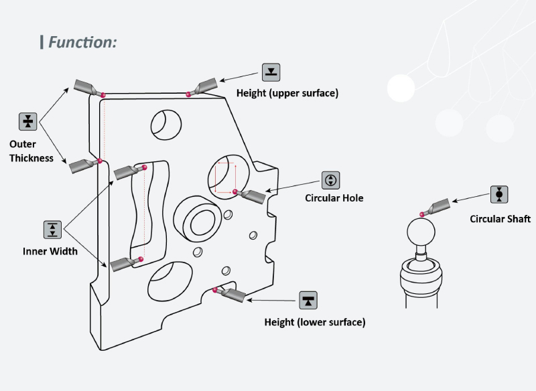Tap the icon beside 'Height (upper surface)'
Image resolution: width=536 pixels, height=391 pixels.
(271, 72)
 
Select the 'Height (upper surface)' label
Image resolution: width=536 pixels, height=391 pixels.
(287, 93)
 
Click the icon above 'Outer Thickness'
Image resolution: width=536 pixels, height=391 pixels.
(27, 121)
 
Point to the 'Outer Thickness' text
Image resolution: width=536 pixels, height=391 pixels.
(31, 151)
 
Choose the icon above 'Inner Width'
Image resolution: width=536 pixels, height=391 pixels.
(52, 230)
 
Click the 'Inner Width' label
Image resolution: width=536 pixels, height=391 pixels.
(50, 252)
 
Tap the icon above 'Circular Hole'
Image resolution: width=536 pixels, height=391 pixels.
(331, 179)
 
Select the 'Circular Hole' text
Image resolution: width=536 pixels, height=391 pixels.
(334, 198)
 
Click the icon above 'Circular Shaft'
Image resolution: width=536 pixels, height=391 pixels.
(499, 194)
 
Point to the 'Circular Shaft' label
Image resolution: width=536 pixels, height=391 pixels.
(500, 219)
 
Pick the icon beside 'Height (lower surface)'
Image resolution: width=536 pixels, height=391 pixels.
(308, 300)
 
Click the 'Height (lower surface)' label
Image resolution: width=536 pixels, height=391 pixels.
(314, 322)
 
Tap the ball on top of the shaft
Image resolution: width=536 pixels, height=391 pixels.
(422, 235)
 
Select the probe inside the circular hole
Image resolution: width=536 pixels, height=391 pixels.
(251, 195)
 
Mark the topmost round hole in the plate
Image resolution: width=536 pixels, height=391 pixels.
(165, 123)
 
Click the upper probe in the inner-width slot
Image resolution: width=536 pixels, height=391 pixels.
(128, 171)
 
